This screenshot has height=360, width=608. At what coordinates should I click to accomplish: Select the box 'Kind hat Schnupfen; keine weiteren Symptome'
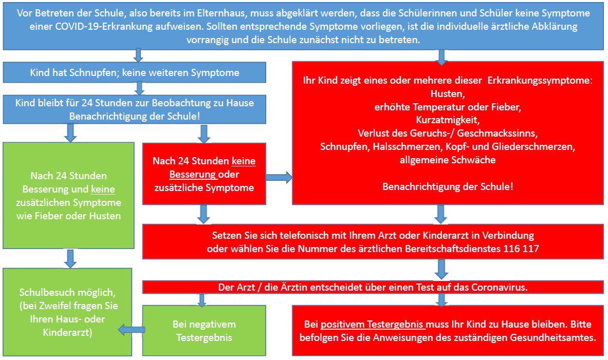pos(135,72)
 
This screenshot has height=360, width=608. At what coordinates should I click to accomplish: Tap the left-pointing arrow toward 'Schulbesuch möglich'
pos(132,330)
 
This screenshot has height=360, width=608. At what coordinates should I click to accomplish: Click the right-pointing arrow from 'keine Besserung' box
pos(279,178)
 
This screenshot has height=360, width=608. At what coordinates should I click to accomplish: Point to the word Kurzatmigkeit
pos(448,120)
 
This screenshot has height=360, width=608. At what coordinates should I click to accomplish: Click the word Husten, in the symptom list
pos(448,94)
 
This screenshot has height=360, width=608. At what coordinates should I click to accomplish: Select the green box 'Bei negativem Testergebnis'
pos(205,331)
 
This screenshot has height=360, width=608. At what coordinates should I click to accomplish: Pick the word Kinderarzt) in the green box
pos(67,332)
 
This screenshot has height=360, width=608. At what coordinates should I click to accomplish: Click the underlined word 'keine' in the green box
pos(103,189)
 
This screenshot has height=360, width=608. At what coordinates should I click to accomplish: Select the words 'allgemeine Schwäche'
pos(448,160)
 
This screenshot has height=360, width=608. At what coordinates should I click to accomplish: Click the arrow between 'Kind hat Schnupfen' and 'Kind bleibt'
pos(140,88)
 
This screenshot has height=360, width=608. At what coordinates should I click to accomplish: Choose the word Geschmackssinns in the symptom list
pos(498,134)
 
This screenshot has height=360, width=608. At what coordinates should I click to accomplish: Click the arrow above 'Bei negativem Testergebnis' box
pos(201,299)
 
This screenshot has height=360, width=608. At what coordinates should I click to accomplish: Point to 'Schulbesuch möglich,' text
pos(67,292)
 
